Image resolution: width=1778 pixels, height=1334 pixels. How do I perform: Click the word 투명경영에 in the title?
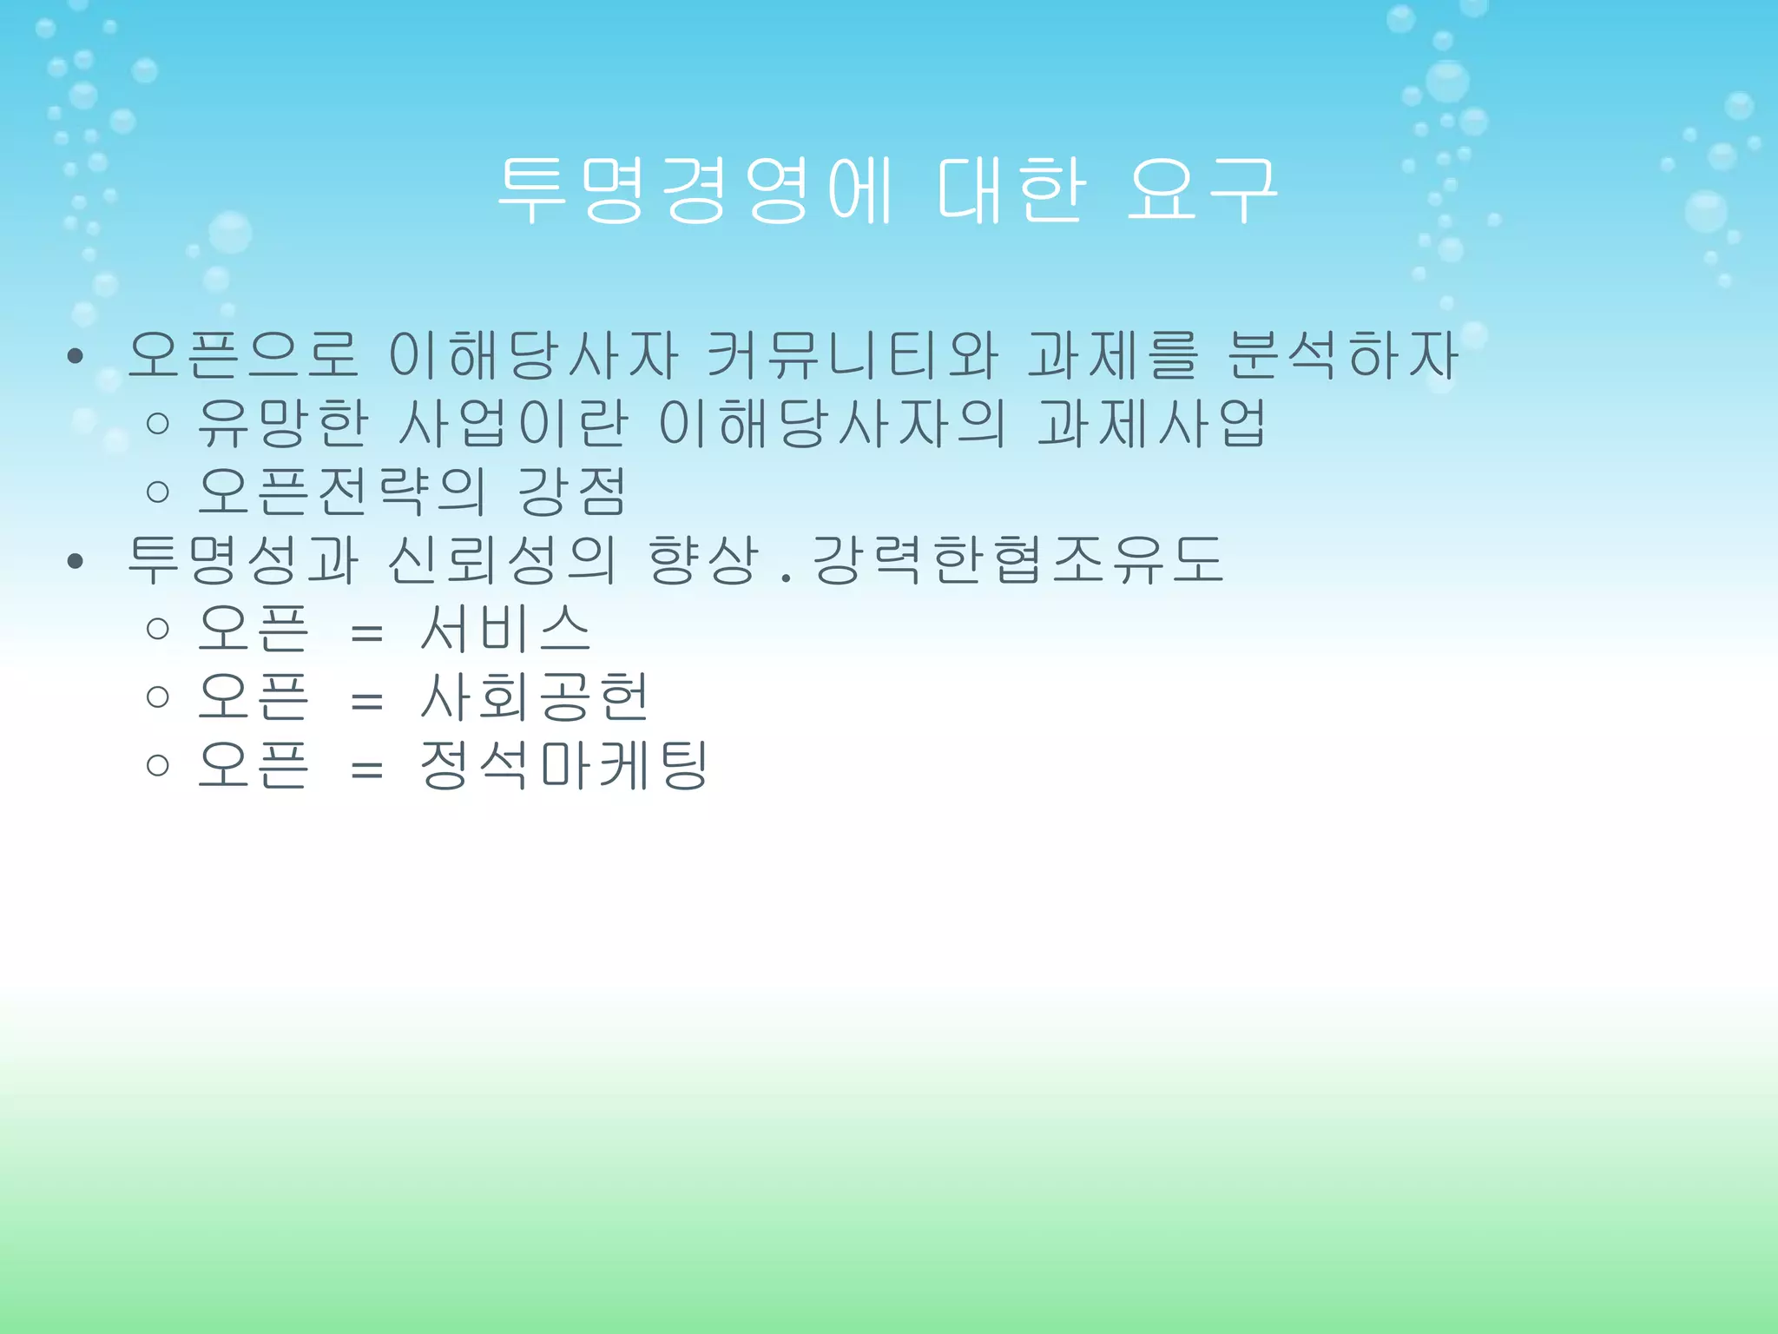tap(695, 191)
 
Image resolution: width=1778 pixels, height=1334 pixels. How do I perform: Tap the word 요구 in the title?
tap(1202, 191)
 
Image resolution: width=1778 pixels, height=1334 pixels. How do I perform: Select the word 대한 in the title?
tap(1011, 191)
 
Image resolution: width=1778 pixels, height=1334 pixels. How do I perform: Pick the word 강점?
tap(571, 492)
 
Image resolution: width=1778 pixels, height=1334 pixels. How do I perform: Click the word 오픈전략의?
tap(341, 492)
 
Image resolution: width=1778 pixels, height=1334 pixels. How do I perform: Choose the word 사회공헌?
tap(534, 697)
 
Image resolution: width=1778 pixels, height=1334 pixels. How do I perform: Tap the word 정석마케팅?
tap(563, 765)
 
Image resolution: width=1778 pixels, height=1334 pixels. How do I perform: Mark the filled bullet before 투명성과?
tap(75, 562)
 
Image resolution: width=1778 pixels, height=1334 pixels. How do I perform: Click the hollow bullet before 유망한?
tap(157, 424)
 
